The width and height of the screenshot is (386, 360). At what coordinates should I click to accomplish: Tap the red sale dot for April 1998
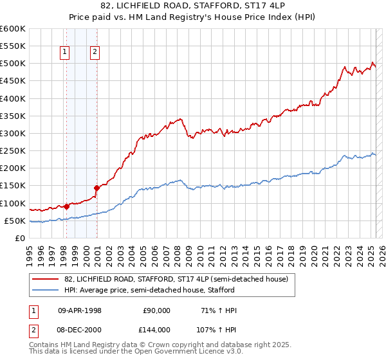[x=66, y=206]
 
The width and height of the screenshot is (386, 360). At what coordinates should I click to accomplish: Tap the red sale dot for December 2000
[x=97, y=188]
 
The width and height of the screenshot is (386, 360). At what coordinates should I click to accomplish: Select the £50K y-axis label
[x=15, y=221]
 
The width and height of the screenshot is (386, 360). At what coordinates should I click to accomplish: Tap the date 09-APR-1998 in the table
[x=80, y=310]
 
